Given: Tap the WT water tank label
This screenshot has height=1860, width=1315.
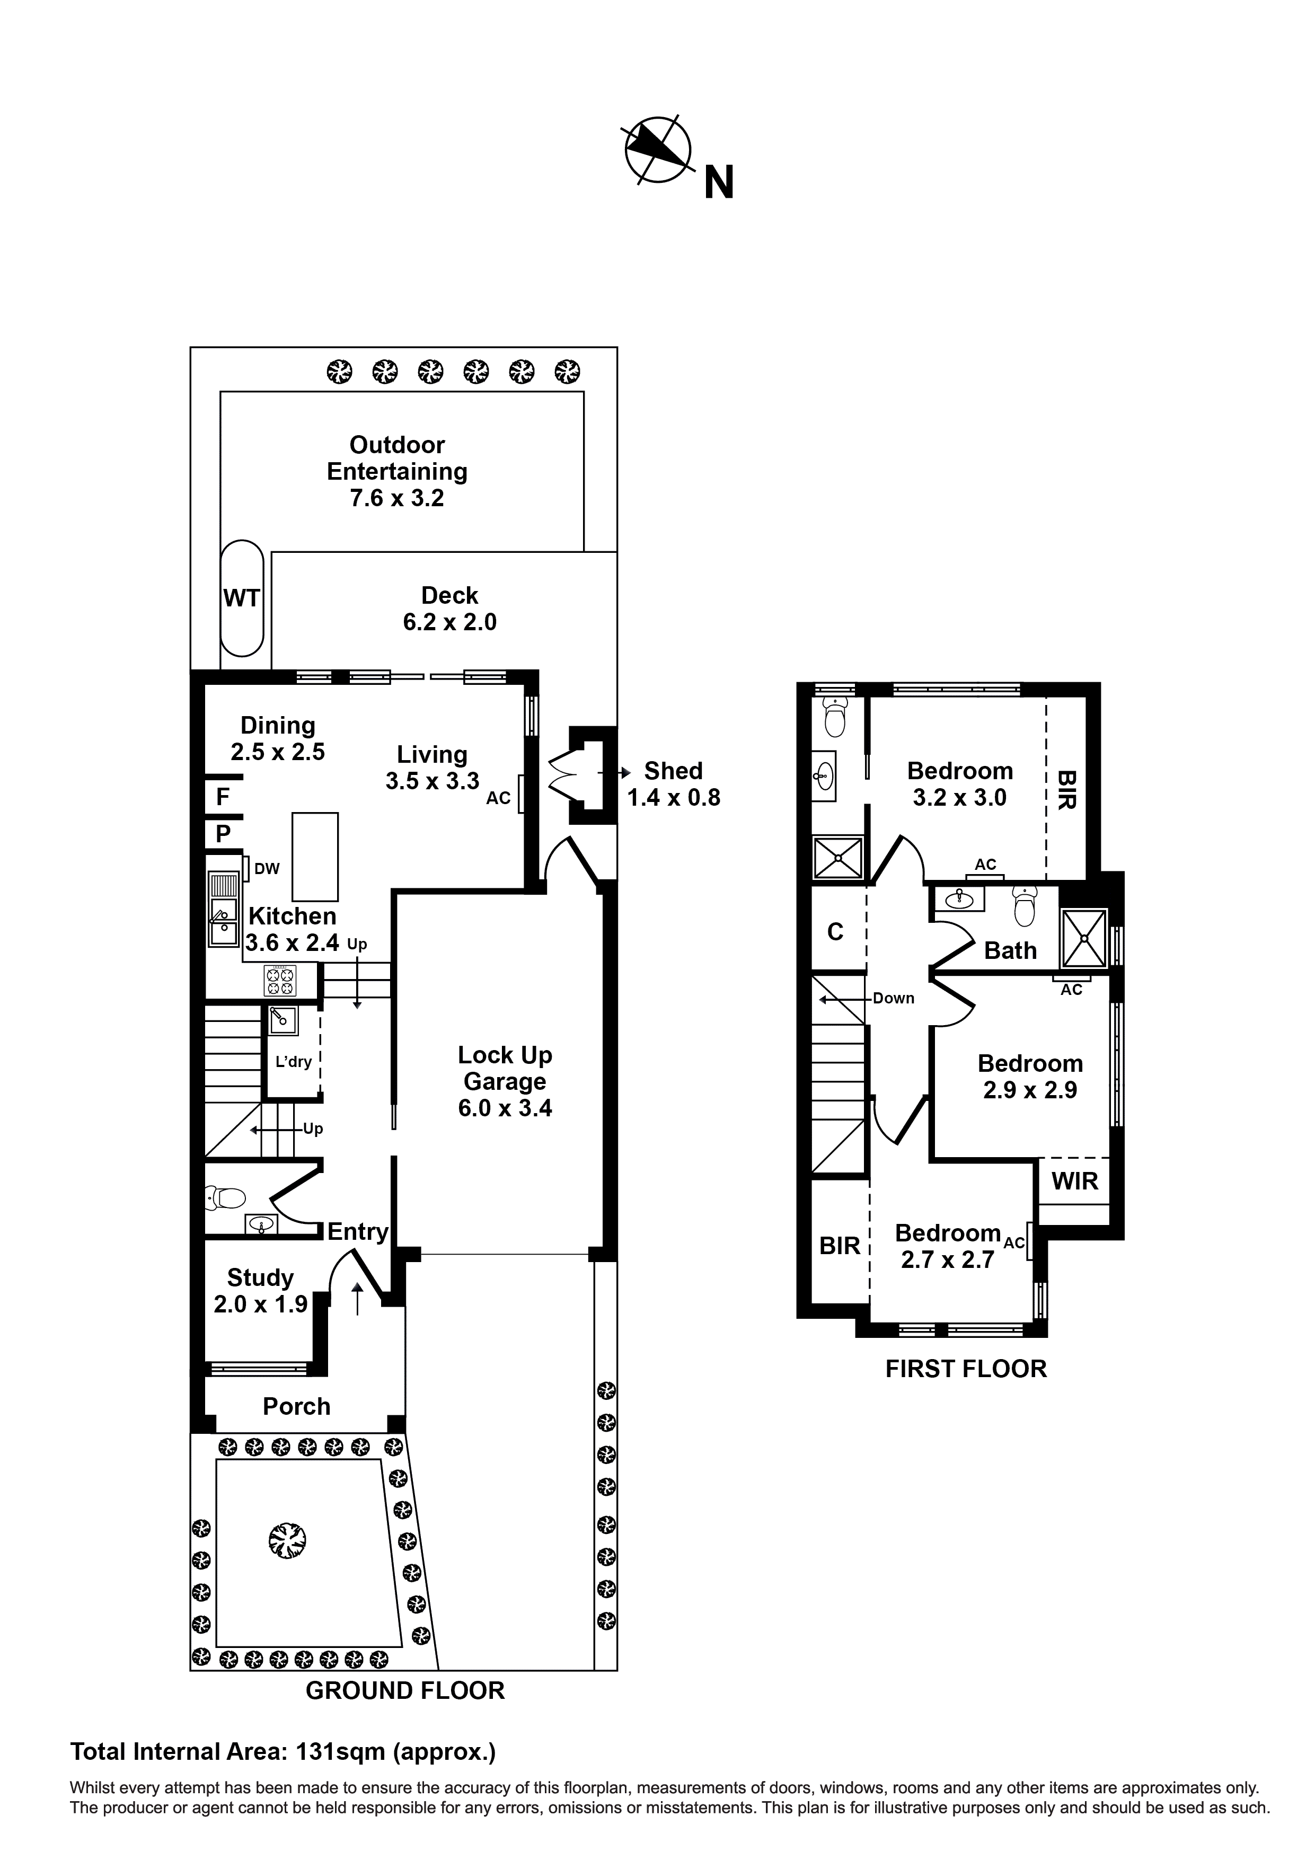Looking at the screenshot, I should (242, 598).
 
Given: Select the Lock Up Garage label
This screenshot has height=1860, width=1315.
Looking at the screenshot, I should (505, 1081).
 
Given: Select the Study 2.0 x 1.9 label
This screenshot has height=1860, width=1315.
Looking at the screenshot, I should (260, 1291).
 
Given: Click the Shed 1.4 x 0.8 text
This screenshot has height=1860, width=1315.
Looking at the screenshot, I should (673, 783).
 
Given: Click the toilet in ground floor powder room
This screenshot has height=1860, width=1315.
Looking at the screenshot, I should (228, 1197).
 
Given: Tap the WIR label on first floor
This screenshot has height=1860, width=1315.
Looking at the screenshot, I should (1074, 1180).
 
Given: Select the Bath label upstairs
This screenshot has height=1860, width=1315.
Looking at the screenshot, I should (1010, 950).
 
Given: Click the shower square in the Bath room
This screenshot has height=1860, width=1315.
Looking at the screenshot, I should (1084, 938).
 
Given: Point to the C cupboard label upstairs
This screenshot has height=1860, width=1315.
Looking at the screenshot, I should (835, 932).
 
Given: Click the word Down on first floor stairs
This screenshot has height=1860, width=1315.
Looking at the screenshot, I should (893, 998).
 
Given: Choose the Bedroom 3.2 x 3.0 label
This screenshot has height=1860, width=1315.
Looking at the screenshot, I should (959, 783).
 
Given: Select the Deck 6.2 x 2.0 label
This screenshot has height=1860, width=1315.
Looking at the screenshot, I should (449, 609).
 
